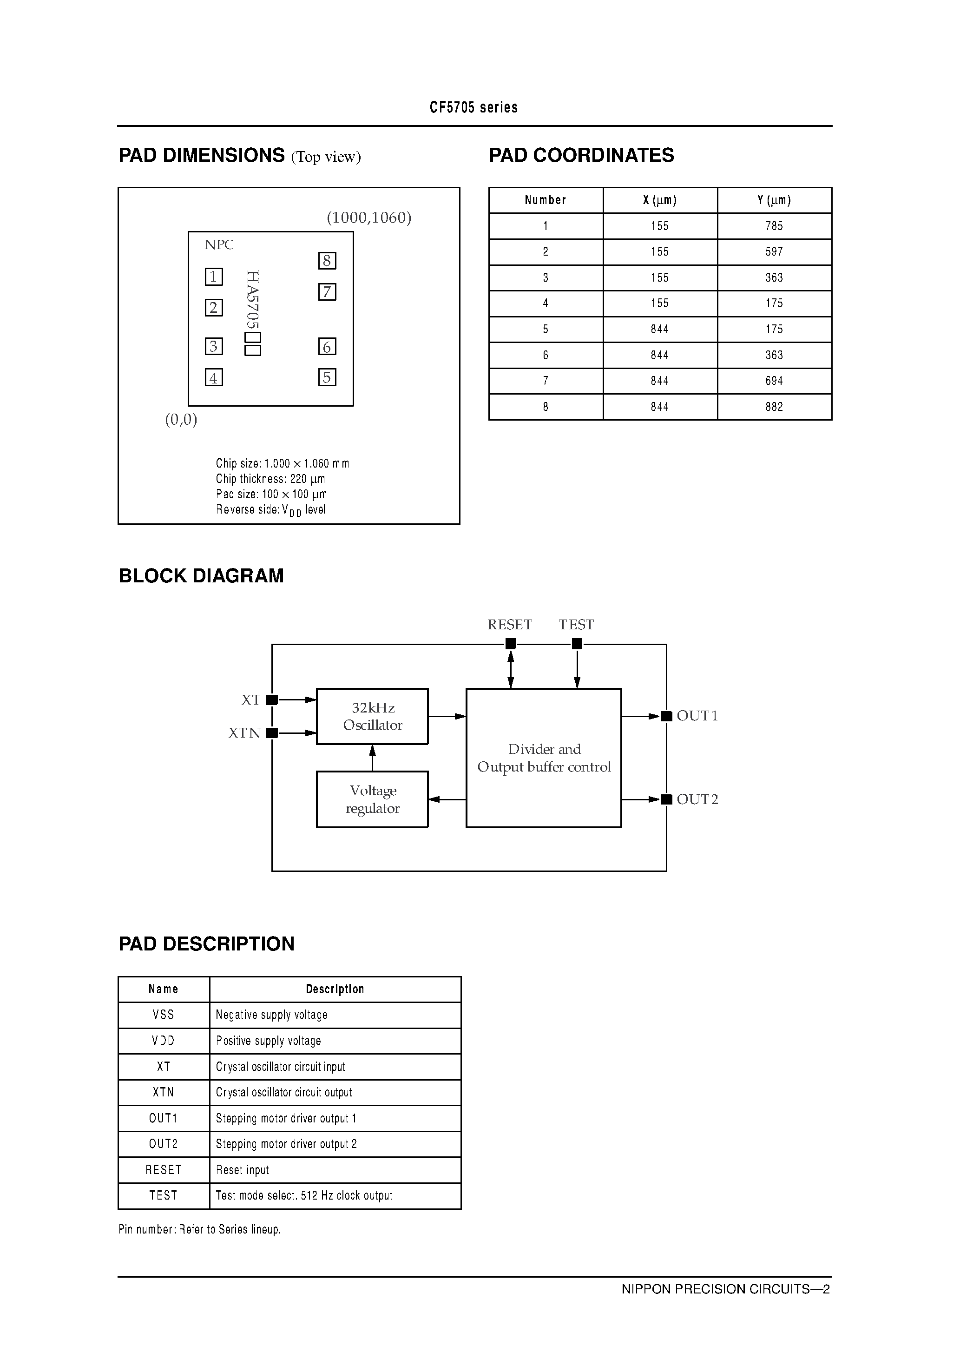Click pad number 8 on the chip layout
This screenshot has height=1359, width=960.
pyautogui.click(x=327, y=261)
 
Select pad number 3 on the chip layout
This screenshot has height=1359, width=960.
pyautogui.click(x=214, y=346)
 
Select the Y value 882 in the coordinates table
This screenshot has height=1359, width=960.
pyautogui.click(x=774, y=407)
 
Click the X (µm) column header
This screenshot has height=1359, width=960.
pyautogui.click(x=659, y=200)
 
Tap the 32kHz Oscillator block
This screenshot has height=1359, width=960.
pyautogui.click(x=372, y=716)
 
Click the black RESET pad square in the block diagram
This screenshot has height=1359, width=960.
pyautogui.click(x=510, y=644)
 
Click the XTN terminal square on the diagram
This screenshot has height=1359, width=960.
pyautogui.click(x=272, y=733)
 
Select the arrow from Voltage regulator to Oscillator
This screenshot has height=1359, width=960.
pyautogui.click(x=372, y=758)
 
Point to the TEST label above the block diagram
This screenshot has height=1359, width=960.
pyautogui.click(x=576, y=625)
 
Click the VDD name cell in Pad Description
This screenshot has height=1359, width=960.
pyautogui.click(x=164, y=1041)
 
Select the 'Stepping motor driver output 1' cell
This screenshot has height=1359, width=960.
pyautogui.click(x=286, y=1118)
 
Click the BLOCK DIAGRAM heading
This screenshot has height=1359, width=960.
pyautogui.click(x=201, y=576)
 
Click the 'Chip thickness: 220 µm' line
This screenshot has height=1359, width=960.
pyautogui.click(x=270, y=478)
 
